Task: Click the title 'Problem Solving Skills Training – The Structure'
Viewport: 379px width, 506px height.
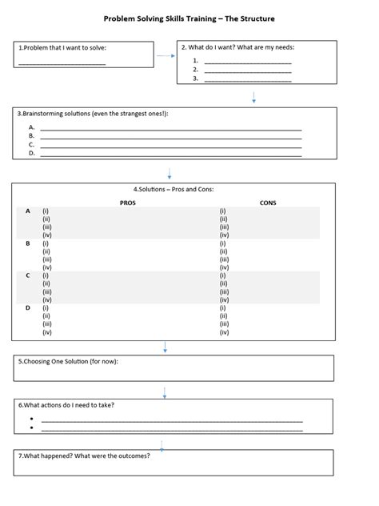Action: click(x=189, y=18)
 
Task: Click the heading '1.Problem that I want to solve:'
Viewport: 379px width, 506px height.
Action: click(x=62, y=48)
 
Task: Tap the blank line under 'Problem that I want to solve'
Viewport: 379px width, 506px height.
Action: click(x=62, y=63)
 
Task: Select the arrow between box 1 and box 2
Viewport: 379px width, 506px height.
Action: click(x=165, y=56)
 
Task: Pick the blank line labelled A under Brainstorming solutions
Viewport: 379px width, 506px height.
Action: click(x=170, y=127)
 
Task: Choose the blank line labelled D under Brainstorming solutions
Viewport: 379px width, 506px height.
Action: click(x=170, y=154)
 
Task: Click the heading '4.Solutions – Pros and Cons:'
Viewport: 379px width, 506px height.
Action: click(x=174, y=190)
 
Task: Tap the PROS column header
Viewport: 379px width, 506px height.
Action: click(x=128, y=203)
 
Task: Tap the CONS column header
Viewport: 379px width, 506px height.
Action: click(x=268, y=203)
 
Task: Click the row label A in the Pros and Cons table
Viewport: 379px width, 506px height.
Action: click(x=28, y=211)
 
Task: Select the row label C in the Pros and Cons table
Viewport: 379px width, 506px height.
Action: click(x=28, y=275)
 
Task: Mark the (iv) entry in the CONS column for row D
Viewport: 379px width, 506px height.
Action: click(x=224, y=331)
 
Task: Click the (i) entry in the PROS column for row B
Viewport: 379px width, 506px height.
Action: click(x=46, y=243)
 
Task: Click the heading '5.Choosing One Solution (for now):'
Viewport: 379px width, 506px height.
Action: click(x=68, y=362)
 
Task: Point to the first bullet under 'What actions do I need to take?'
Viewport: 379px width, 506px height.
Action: click(x=30, y=419)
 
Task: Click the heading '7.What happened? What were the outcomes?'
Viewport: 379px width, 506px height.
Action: click(x=84, y=456)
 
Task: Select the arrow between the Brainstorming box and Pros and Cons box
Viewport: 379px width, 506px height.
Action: click(x=170, y=174)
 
